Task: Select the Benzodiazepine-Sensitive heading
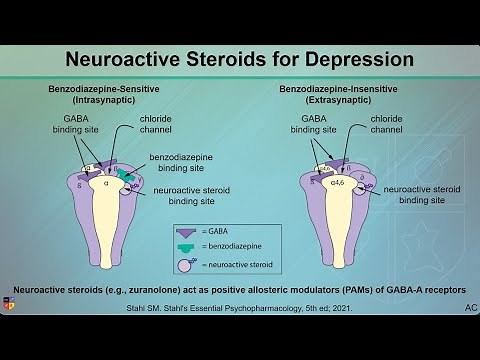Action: tap(103, 90)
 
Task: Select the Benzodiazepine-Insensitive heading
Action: tap(344, 90)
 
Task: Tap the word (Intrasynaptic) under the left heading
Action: tap(103, 101)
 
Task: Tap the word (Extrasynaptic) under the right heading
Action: tap(344, 101)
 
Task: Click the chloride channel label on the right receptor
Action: tap(386, 124)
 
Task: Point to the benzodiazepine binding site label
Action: tap(184, 163)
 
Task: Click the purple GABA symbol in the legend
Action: tap(186, 230)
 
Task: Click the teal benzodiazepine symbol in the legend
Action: tap(186, 247)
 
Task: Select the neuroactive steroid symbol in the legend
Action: tap(186, 265)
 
